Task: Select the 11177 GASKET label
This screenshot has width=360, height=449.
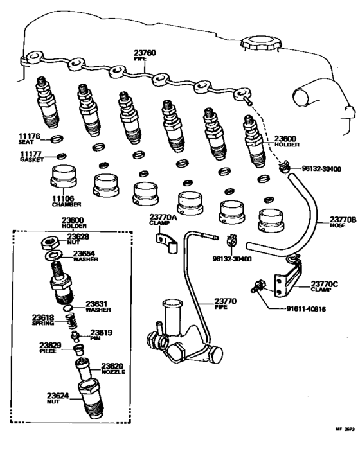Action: pos(30,156)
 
